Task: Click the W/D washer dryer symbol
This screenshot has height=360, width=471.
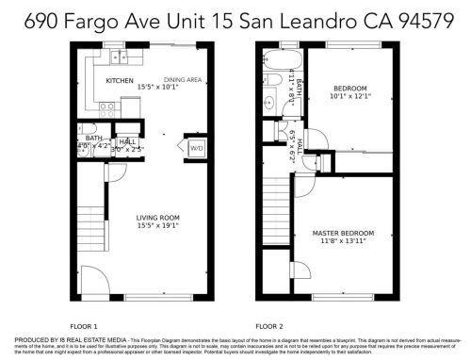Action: point(197,148)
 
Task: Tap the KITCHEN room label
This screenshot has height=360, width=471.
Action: point(120,81)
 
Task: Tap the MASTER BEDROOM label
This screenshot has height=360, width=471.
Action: point(344,232)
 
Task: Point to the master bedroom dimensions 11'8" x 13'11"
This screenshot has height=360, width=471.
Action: point(344,240)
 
